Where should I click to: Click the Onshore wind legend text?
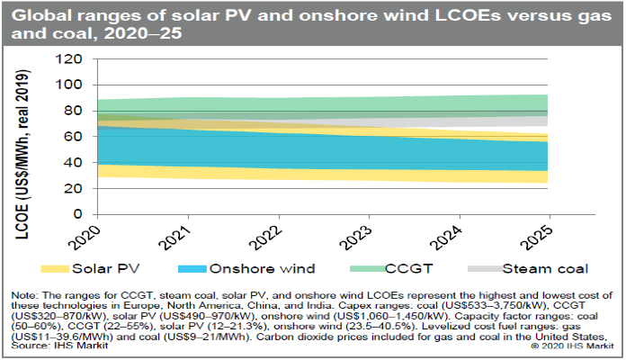pyautogui.click(x=258, y=269)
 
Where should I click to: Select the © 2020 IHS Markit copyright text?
pyautogui.click(x=570, y=345)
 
